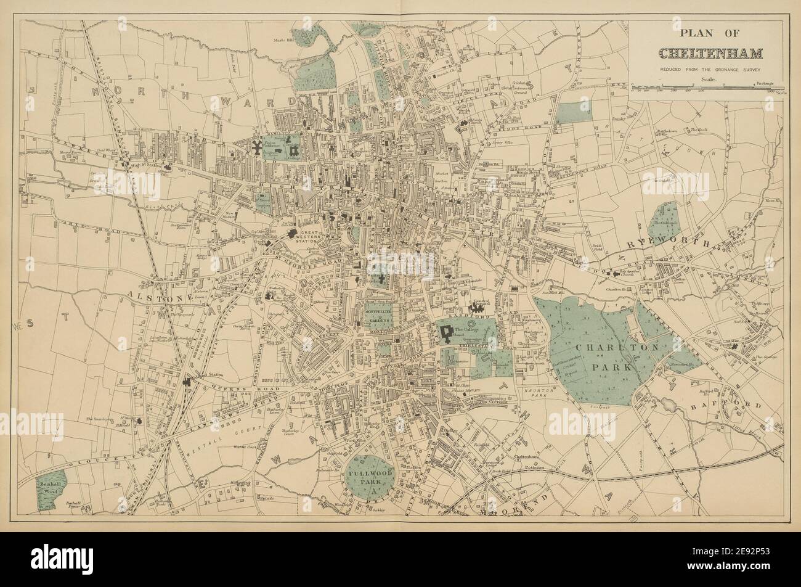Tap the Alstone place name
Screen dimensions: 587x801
149,297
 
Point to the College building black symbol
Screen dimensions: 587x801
446,332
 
